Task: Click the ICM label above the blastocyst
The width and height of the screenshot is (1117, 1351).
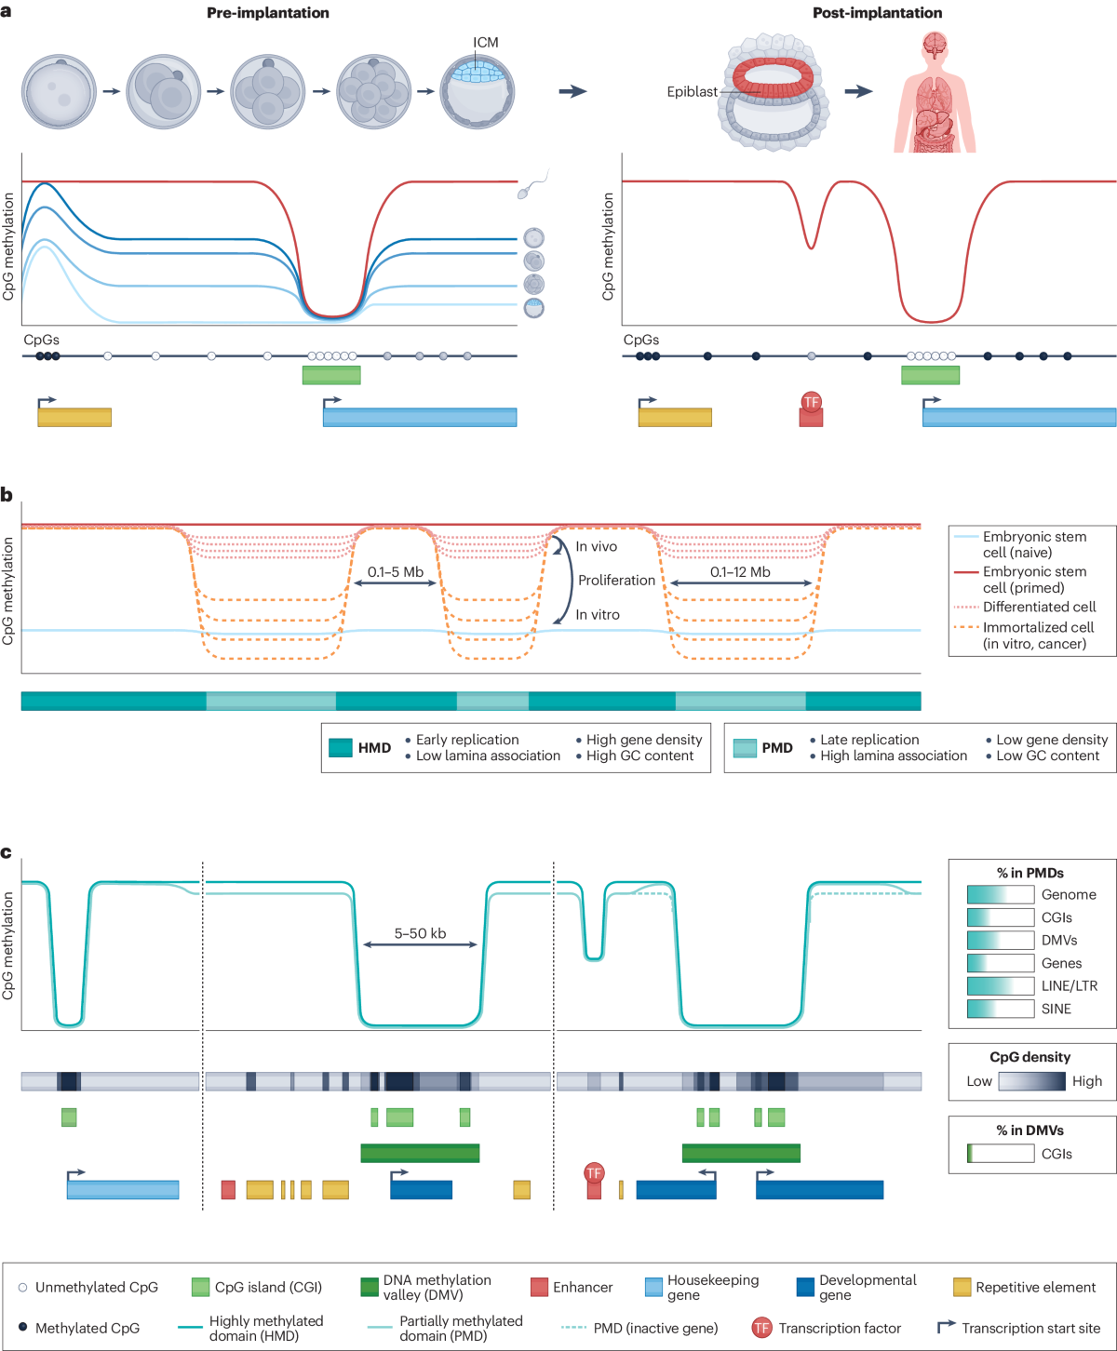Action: click(x=485, y=43)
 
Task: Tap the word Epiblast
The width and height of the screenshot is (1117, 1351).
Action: click(x=692, y=91)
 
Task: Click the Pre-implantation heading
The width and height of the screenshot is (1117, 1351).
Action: click(x=267, y=13)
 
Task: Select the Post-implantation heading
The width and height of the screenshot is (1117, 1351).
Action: click(x=877, y=13)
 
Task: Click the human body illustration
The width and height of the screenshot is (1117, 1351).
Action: click(x=935, y=93)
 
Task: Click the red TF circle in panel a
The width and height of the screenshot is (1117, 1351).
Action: click(x=811, y=402)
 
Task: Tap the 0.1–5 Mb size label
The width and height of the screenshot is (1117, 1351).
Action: click(x=395, y=572)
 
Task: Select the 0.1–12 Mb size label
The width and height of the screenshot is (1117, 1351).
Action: click(x=740, y=572)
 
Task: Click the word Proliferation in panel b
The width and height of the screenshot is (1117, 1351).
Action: click(x=616, y=581)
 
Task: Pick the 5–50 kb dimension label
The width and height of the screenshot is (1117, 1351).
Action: click(x=420, y=933)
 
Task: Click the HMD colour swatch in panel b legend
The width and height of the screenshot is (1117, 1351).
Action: click(x=341, y=748)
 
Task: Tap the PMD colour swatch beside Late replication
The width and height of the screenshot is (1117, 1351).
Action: click(x=745, y=748)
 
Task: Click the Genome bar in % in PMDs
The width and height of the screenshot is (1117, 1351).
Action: click(x=1001, y=894)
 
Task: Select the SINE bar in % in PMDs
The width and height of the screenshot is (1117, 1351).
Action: click(x=1001, y=1009)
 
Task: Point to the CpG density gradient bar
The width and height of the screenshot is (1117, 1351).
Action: click(x=1031, y=1081)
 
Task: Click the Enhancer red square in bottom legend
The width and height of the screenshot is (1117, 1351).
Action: click(x=539, y=1287)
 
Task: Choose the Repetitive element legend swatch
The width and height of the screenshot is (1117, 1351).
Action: click(x=962, y=1287)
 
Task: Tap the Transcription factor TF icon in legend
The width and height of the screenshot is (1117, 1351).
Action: click(x=761, y=1328)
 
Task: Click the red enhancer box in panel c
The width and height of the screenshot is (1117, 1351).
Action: click(x=228, y=1189)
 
